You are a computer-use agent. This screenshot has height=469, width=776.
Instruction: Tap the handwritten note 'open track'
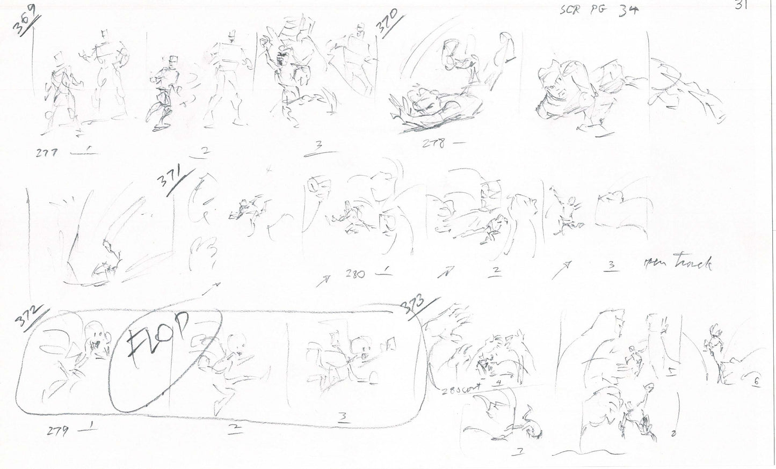click(x=677, y=263)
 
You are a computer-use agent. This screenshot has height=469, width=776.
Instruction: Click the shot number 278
click(x=432, y=144)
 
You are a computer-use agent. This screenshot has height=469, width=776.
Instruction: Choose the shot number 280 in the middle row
click(x=356, y=274)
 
